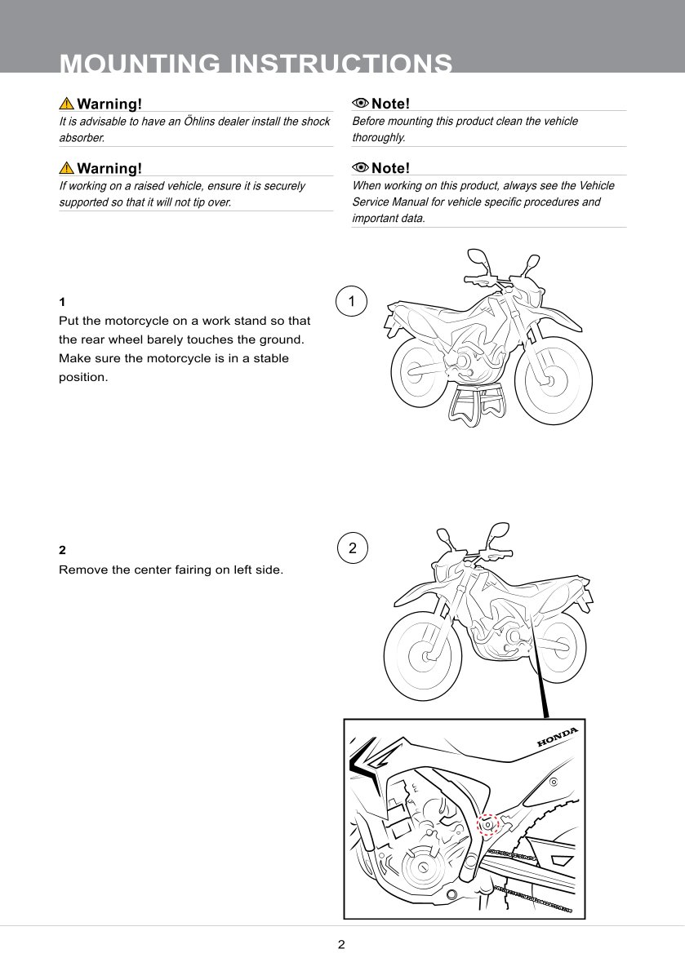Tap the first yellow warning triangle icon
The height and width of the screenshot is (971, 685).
[x=66, y=104]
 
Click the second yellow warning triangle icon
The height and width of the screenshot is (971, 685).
[x=66, y=168]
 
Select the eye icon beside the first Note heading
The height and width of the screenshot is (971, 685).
[x=360, y=103]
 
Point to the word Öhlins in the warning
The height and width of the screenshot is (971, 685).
[x=198, y=122]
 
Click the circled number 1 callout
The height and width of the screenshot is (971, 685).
[x=351, y=302]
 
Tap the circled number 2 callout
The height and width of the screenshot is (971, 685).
[x=353, y=548]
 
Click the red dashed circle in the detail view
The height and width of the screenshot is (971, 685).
[x=487, y=825]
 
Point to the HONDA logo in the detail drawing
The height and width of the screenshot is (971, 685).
[x=557, y=736]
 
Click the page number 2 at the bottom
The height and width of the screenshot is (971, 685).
[x=341, y=944]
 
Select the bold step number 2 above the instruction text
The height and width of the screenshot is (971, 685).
[x=62, y=550]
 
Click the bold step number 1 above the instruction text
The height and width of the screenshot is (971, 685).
[x=62, y=302]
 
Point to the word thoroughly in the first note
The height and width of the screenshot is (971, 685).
[x=378, y=137]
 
